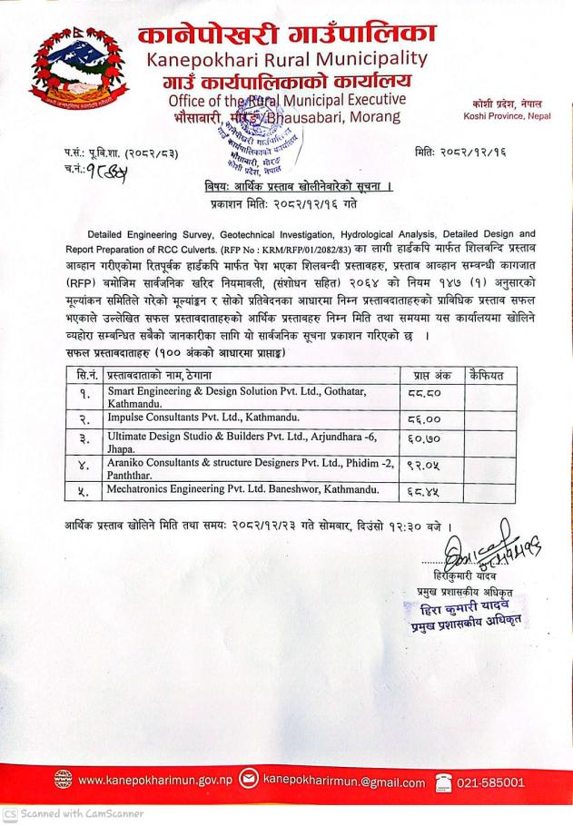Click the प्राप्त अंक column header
(x=430, y=374)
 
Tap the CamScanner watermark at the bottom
(x=72, y=814)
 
